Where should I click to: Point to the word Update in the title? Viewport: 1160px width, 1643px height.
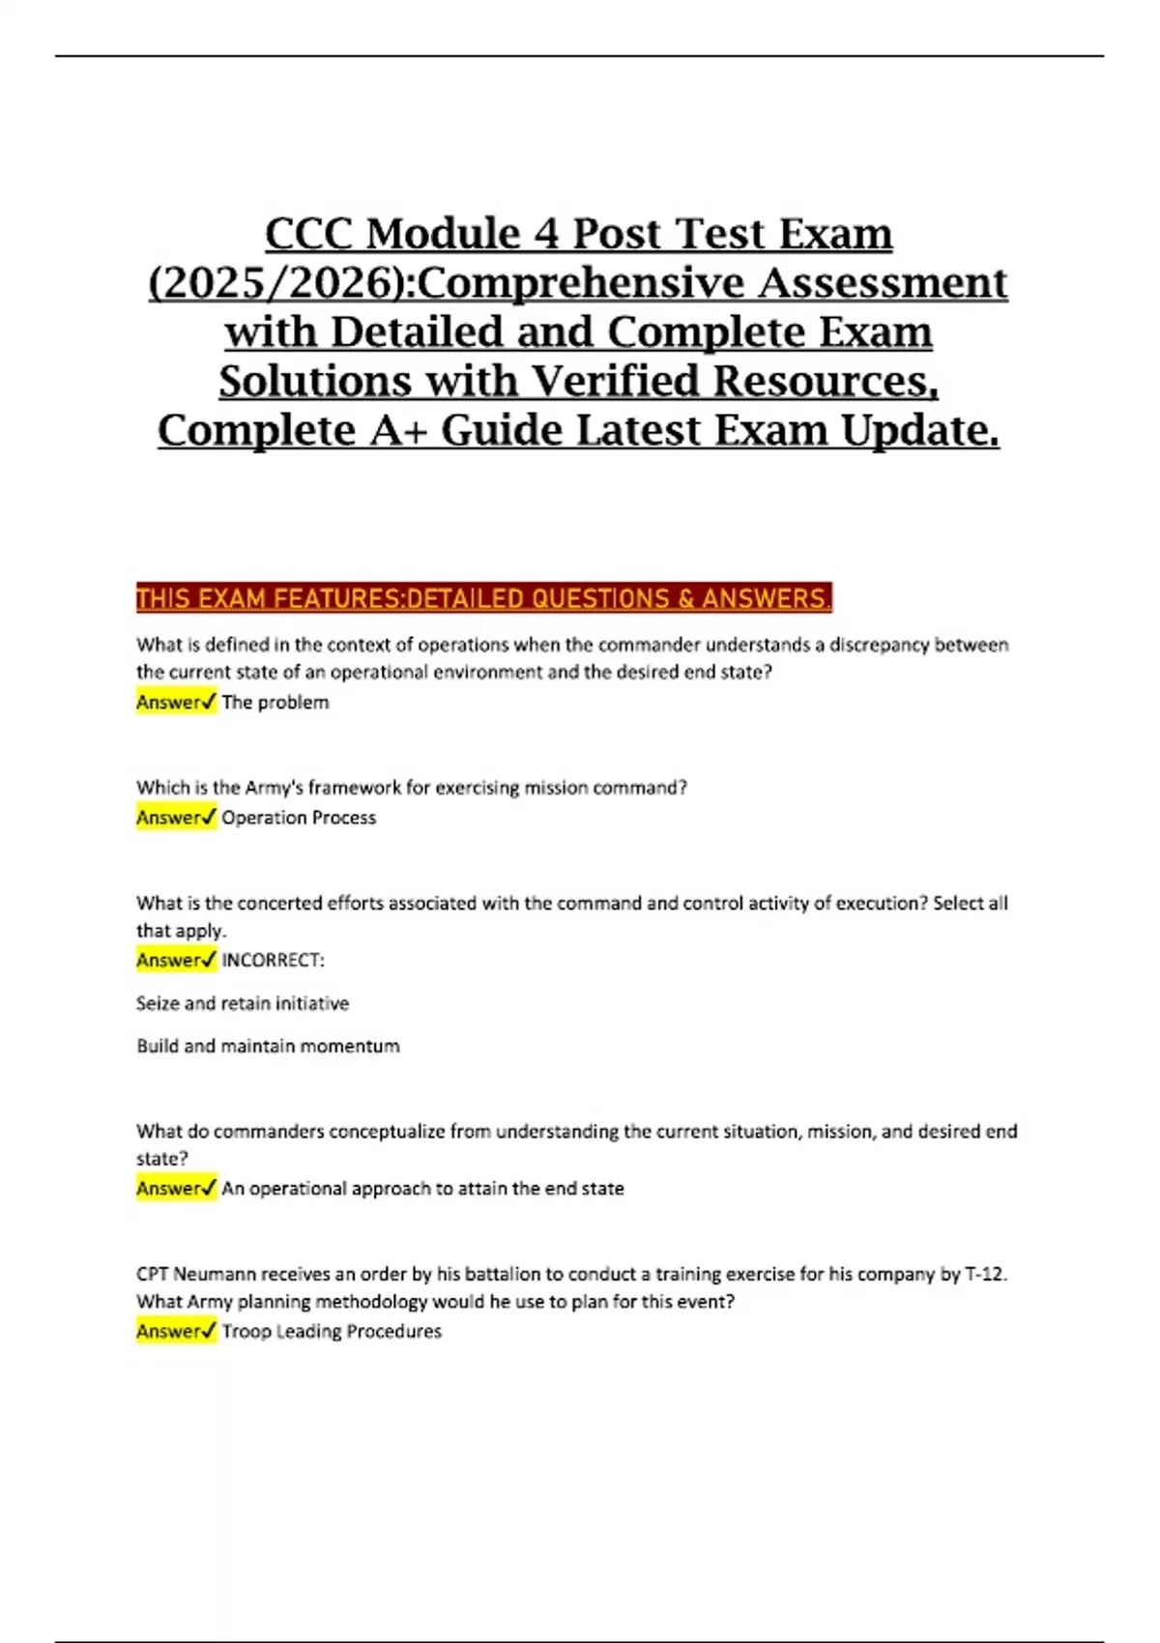point(919,430)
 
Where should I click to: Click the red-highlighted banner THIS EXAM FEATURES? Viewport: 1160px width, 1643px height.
point(483,599)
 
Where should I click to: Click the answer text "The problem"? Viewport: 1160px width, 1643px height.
point(275,703)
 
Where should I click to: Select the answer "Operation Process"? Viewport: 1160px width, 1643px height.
point(299,818)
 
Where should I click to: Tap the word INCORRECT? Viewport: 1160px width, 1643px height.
point(273,960)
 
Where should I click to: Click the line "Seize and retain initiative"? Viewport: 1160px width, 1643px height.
point(243,1003)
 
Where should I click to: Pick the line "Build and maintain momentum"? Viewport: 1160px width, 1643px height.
point(268,1046)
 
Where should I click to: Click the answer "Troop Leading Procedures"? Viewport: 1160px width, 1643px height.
point(332,1331)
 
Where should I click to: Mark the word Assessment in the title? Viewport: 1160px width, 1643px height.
point(882,283)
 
